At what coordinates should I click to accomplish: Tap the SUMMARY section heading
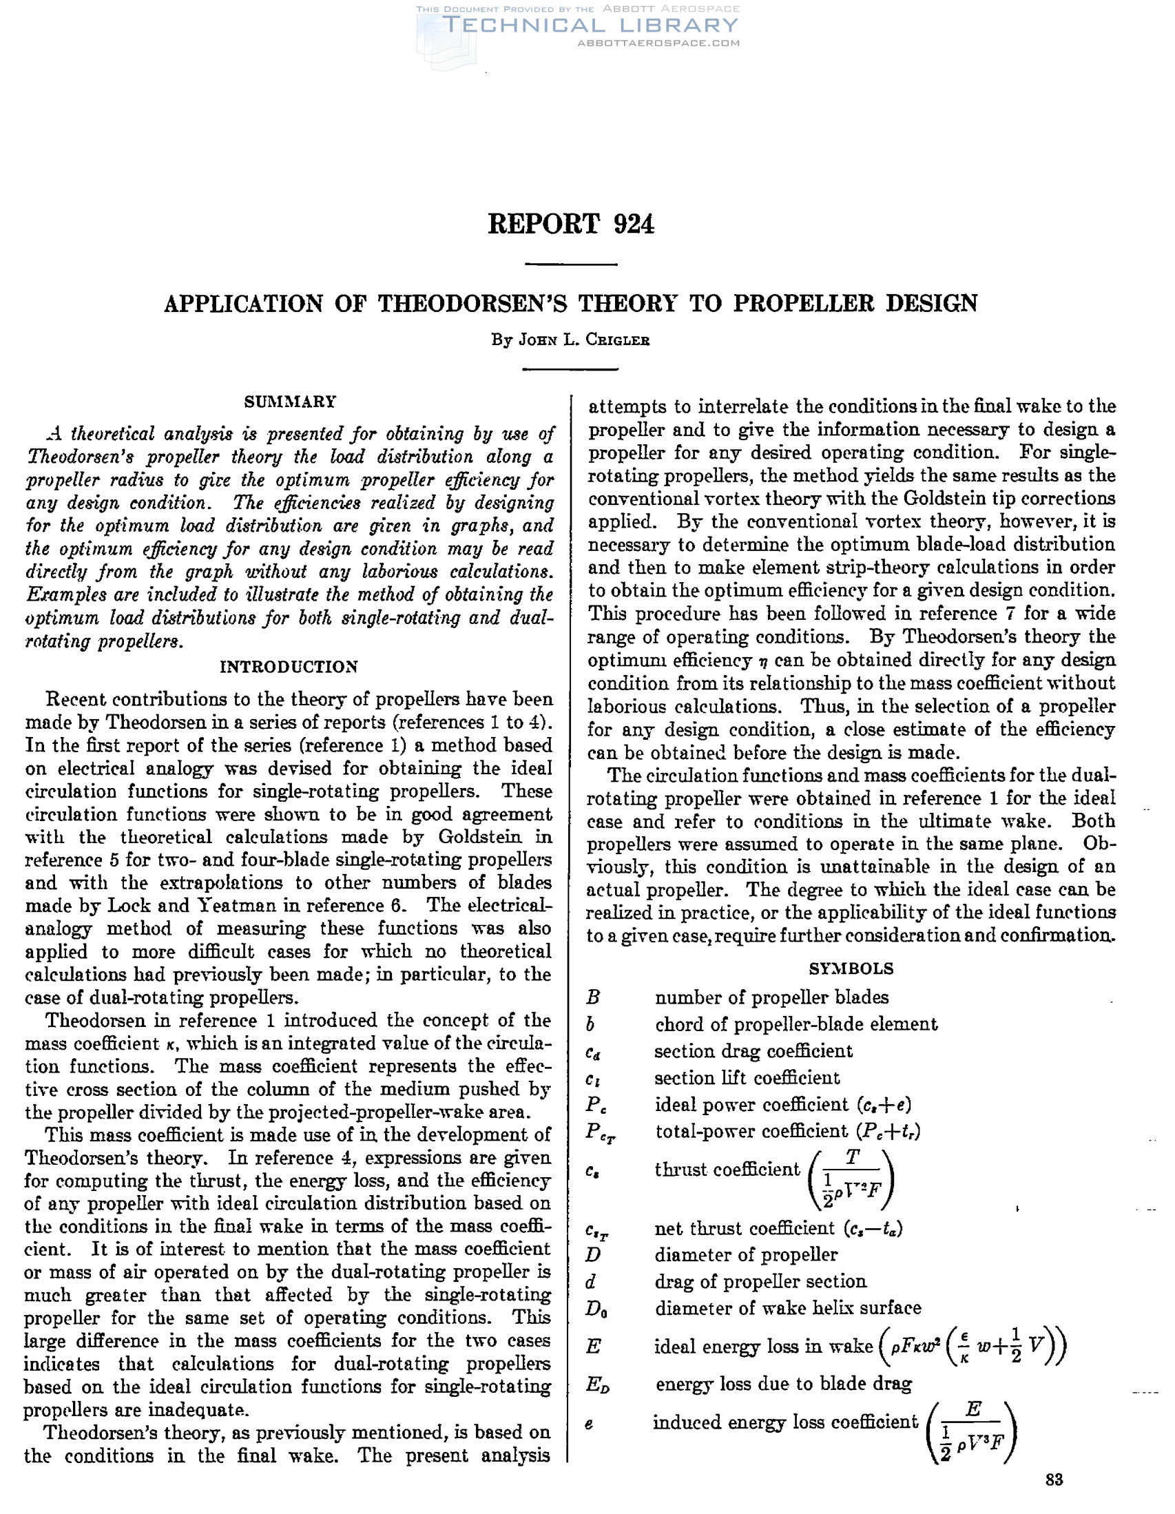coord(290,402)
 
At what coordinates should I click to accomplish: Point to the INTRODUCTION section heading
coord(289,667)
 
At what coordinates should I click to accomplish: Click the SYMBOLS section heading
coord(851,968)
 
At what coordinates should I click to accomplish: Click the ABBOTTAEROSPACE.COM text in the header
coord(658,43)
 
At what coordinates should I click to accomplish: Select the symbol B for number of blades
coord(593,997)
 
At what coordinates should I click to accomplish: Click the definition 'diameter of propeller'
coord(746,1255)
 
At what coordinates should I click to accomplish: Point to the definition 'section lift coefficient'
coord(747,1078)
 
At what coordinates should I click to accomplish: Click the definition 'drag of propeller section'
coord(760,1282)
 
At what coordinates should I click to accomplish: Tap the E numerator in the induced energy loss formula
coord(973,1409)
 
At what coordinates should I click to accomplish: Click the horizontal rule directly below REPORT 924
coord(571,264)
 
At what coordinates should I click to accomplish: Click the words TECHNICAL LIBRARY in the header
coord(590,25)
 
